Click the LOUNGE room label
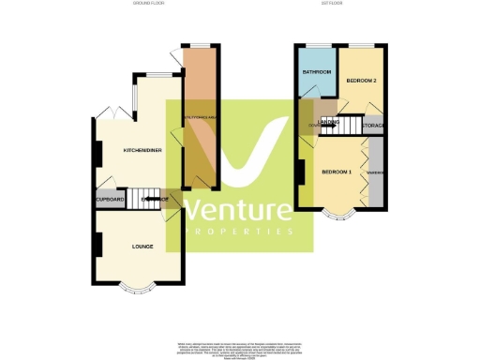(x=142, y=246)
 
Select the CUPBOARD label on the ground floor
(x=111, y=199)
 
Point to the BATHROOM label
(x=316, y=72)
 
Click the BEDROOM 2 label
(x=361, y=81)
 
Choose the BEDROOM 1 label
(x=336, y=172)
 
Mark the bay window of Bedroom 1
(x=338, y=215)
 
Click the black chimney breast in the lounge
(x=97, y=245)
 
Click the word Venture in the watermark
(x=239, y=210)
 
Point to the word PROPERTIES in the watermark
(x=239, y=231)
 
